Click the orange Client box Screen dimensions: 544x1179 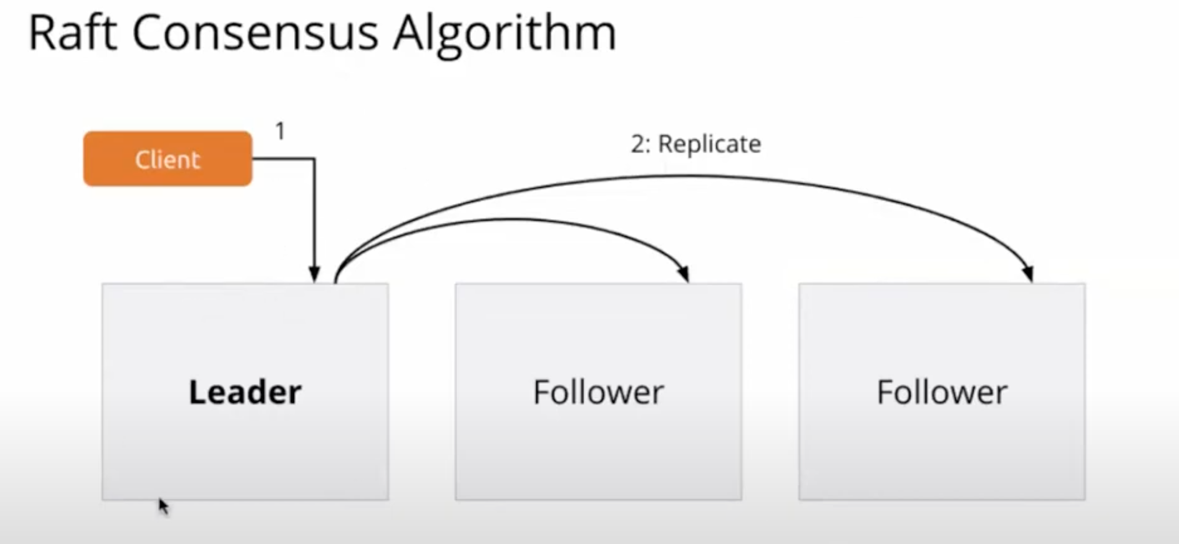pos(167,159)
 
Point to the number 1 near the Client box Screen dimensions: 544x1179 pos(280,131)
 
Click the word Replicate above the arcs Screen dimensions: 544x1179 pos(709,144)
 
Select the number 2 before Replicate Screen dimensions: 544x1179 pos(638,144)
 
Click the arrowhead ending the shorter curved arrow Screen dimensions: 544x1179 pos(684,273)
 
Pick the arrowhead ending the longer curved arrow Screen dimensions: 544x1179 pos(1028,273)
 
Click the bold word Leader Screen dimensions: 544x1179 pos(245,392)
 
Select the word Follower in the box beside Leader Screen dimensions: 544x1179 pos(598,392)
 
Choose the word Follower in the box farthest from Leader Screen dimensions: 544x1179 pos(942,392)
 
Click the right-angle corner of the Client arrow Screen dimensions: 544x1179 pos(315,159)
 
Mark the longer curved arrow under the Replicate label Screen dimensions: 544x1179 pos(696,176)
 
